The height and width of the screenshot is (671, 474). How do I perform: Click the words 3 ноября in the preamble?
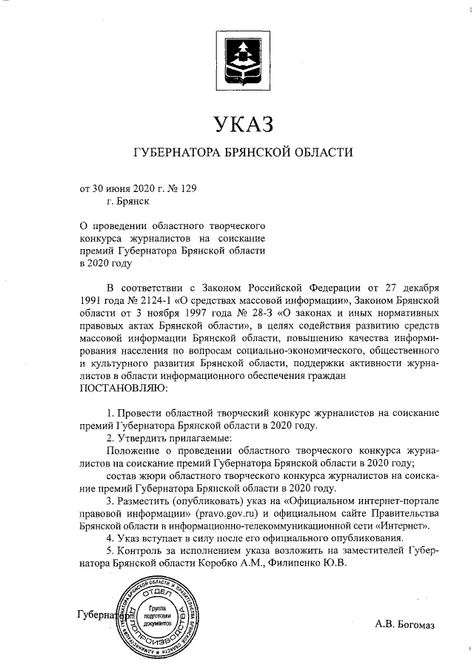coord(135,313)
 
